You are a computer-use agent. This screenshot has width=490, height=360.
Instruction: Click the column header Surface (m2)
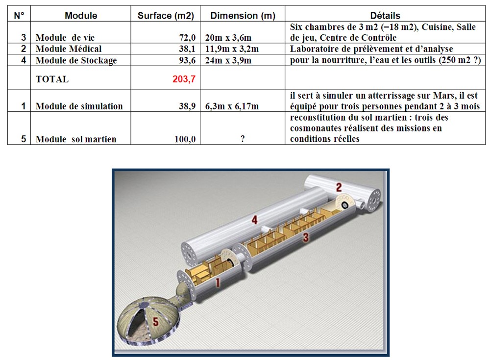point(166,15)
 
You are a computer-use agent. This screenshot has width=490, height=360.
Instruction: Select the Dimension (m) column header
point(243,15)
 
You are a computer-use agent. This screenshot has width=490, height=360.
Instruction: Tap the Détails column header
point(385,15)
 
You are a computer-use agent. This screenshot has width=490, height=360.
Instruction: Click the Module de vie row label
point(65,38)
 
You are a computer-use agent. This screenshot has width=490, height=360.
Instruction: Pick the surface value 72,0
point(187,38)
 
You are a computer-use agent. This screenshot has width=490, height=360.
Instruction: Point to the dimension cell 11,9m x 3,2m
point(232,49)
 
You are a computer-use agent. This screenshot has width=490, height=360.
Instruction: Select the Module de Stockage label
point(76,60)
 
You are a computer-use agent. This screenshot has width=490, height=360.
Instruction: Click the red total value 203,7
point(184,79)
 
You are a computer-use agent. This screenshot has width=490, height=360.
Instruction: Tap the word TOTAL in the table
point(52,79)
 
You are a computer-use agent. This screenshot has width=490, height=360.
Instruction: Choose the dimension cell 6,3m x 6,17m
point(232,106)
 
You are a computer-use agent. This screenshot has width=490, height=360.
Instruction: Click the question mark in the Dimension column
point(243,139)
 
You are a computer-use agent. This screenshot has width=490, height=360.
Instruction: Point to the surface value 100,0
point(185,139)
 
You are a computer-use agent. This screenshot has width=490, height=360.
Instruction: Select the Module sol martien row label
point(76,139)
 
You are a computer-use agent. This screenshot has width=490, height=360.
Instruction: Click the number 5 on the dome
point(155,321)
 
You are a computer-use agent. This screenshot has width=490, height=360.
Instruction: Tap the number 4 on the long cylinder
point(255,220)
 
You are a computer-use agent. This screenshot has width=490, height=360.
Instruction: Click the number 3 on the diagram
point(306,237)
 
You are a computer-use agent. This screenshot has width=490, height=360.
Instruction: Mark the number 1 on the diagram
point(218,283)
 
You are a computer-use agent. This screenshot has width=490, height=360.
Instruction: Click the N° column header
point(19,15)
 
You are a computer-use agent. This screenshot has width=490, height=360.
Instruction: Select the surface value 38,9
point(187,106)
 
